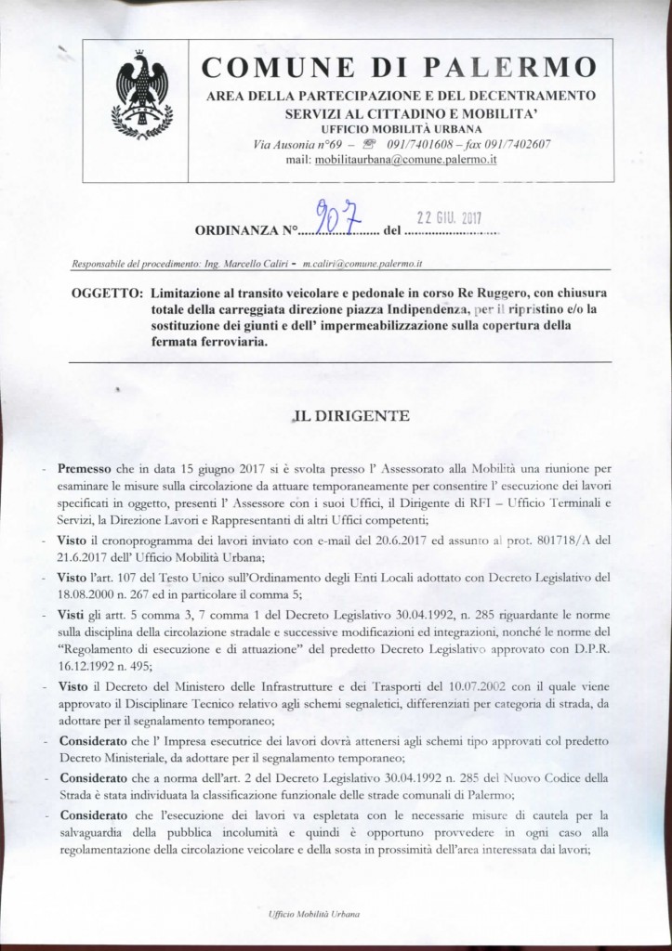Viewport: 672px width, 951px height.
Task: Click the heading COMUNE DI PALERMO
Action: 401,68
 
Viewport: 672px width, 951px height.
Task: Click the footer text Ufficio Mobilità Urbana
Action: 312,914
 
